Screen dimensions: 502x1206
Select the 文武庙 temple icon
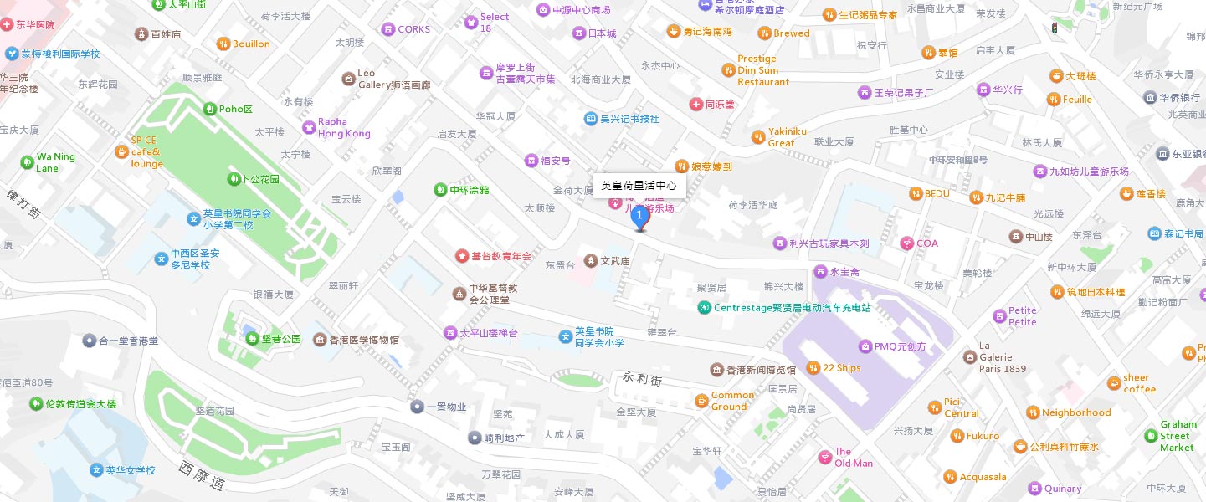[591, 261]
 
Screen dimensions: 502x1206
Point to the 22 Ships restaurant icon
[813, 368]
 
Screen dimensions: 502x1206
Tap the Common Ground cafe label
[732, 401]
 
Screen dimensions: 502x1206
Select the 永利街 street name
[643, 379]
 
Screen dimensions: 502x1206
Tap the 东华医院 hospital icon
[8, 25]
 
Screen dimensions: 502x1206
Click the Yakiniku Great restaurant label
[787, 137]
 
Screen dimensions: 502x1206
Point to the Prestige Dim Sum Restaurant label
[762, 70]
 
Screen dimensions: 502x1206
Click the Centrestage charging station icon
[704, 307]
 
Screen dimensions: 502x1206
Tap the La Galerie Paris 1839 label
[1002, 357]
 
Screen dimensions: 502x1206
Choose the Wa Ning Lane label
[55, 162]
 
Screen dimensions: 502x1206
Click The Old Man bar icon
[824, 457]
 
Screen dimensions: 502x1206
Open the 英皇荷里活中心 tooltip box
[639, 185]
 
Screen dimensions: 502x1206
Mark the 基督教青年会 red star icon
[461, 255]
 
